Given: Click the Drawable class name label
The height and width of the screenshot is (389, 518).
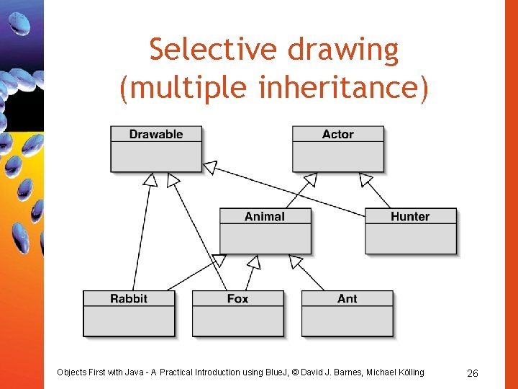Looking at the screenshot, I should [x=156, y=134].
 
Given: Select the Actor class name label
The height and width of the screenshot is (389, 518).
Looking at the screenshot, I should [x=337, y=134].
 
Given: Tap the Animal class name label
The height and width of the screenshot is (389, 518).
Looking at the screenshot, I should [x=265, y=216].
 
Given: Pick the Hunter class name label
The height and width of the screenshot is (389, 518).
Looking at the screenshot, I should [x=410, y=216].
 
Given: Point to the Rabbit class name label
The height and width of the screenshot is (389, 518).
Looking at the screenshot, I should [x=129, y=298].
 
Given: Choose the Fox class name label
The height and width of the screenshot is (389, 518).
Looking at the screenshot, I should [x=237, y=298].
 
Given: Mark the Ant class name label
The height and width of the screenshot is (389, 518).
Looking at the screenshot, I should [x=347, y=298].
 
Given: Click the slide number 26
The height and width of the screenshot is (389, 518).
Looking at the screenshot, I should [x=473, y=372].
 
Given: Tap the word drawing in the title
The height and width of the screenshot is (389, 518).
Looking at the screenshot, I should [x=343, y=50].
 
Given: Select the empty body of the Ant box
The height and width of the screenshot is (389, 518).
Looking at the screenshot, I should [x=347, y=321].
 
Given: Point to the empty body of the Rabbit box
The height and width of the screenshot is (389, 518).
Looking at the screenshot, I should [x=129, y=321].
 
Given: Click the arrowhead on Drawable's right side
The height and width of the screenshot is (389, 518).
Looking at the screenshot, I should [x=209, y=167].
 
